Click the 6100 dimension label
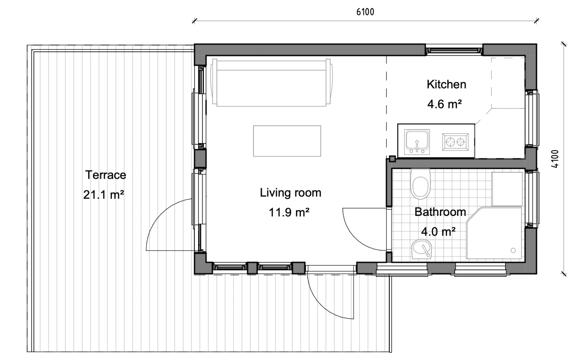(365, 12)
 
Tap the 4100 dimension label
(555, 159)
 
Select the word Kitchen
(446, 84)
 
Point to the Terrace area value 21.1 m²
(103, 195)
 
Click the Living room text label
(290, 192)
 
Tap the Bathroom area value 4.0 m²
(438, 232)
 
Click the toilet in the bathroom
(420, 184)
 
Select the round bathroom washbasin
(421, 249)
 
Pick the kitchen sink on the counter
(417, 142)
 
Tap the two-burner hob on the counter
(455, 142)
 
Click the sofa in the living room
(271, 82)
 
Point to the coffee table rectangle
(287, 141)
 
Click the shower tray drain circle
(513, 250)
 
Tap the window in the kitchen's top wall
(454, 50)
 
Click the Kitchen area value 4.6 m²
(445, 104)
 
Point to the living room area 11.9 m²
(289, 212)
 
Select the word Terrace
(106, 175)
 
